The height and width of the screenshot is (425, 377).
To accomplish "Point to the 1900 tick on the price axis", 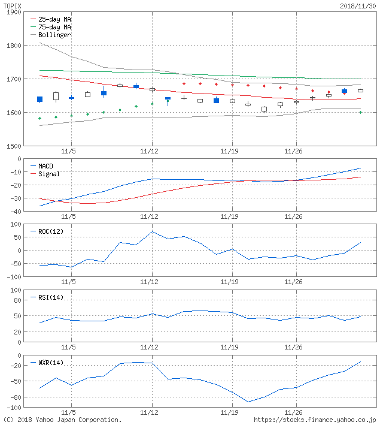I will [13, 12].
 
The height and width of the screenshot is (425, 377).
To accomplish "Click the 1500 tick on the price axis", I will [13, 146].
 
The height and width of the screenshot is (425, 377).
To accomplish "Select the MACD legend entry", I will [45, 165].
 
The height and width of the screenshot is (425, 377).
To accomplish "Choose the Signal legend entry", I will [48, 174].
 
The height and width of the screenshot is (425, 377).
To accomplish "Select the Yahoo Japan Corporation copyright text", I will [62, 420].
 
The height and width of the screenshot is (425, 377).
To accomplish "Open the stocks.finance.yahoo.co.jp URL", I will [315, 420].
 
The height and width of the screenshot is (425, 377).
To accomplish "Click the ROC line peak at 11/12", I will [152, 231].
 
